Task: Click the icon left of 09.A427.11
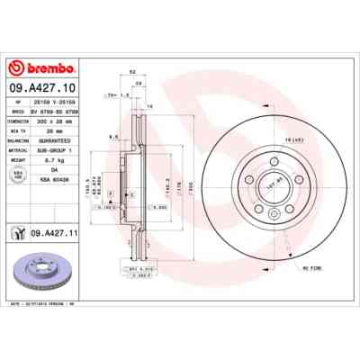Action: click(19, 232)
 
